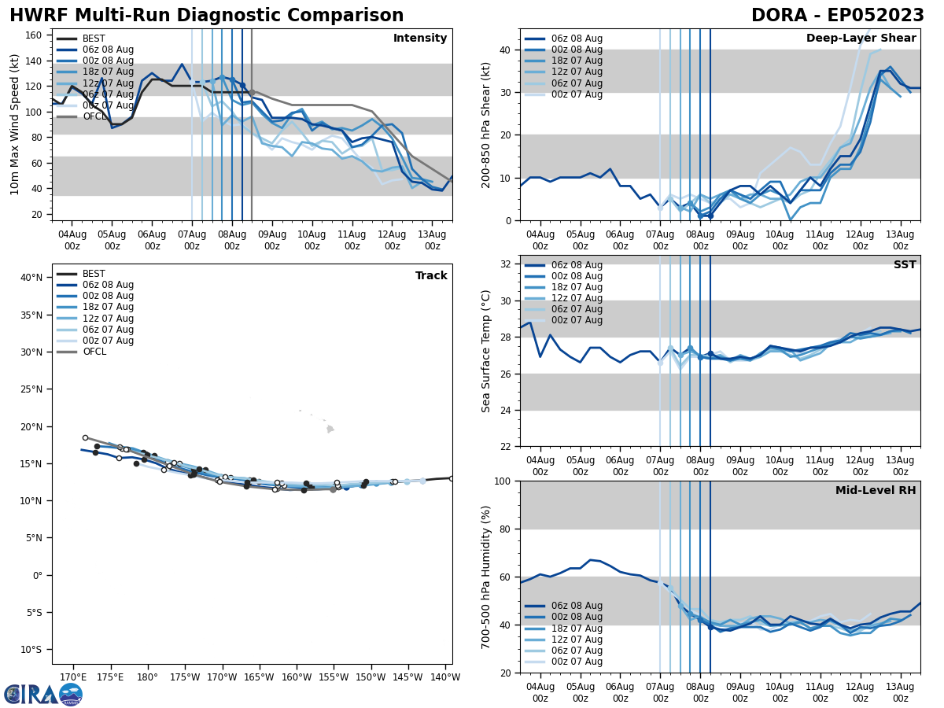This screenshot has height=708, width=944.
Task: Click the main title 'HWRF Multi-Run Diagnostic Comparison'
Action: click(206, 16)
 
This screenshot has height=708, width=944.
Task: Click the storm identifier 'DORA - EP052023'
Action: click(838, 16)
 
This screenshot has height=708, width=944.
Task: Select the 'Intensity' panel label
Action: click(420, 39)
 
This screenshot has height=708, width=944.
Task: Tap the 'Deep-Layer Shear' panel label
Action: click(861, 39)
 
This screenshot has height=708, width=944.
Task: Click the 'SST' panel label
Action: click(904, 265)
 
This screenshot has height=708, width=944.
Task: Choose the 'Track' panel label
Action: click(431, 276)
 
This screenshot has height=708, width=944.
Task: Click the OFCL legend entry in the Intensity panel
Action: click(94, 116)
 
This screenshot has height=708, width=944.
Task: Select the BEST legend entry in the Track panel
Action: click(94, 274)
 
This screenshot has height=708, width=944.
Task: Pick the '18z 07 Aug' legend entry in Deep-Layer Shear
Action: click(576, 61)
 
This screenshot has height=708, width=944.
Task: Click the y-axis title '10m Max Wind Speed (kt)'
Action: click(15, 124)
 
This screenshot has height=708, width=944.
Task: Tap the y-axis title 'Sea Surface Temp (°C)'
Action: click(486, 351)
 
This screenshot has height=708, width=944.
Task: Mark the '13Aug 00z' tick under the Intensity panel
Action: click(432, 239)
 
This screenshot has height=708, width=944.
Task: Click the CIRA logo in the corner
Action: click(43, 694)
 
